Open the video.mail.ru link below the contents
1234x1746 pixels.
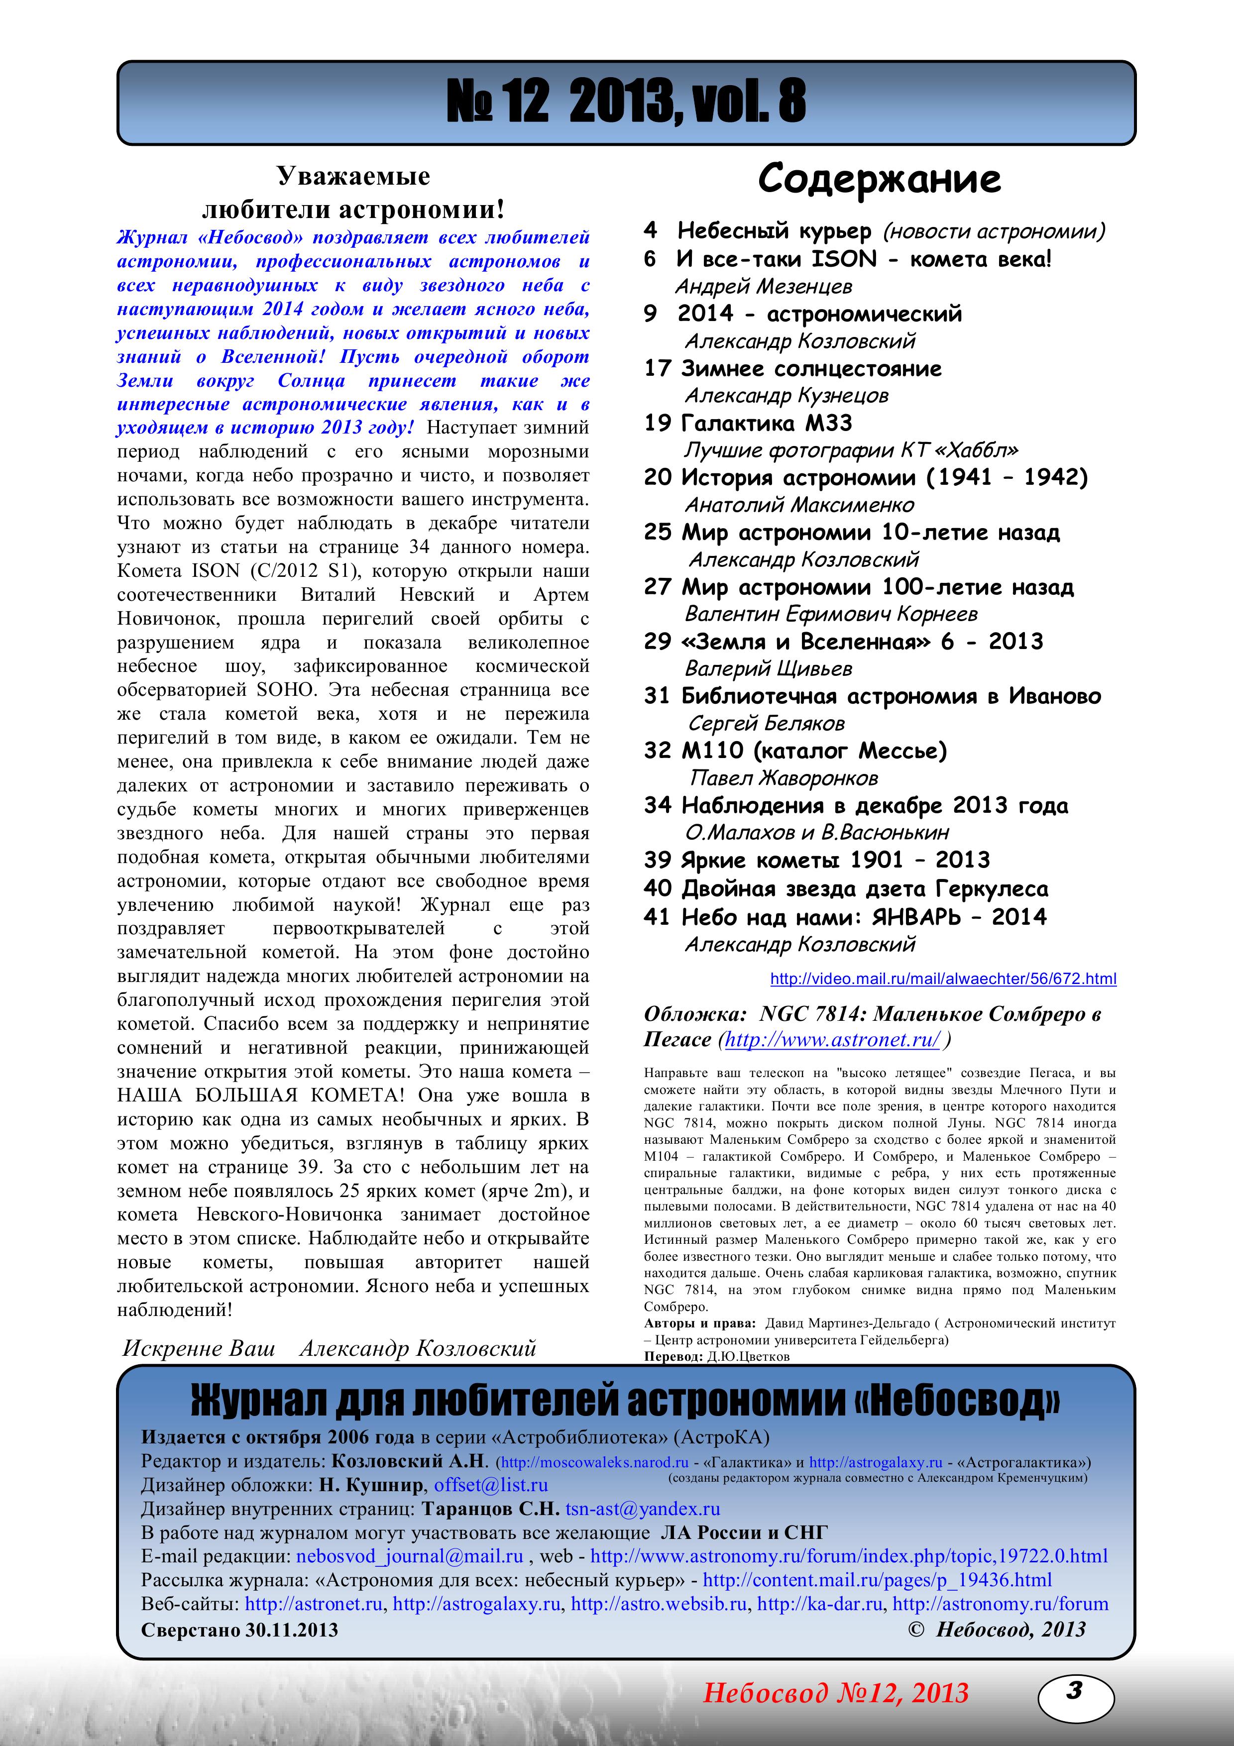click(943, 979)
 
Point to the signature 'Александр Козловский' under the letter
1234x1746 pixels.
click(418, 1348)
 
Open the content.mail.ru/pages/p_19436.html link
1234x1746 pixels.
click(877, 1580)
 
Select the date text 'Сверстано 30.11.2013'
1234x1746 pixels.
click(239, 1630)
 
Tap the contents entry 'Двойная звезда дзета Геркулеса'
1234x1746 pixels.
click(865, 888)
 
